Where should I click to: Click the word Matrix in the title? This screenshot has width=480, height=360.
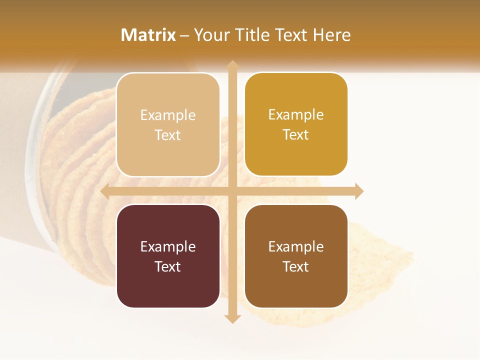pos(148,35)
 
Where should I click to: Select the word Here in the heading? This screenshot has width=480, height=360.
pos(331,35)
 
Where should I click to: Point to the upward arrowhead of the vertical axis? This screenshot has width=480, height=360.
pos(232,64)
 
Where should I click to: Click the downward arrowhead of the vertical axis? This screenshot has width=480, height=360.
pos(232,318)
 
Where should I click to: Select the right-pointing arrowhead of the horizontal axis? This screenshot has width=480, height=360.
pos(359,191)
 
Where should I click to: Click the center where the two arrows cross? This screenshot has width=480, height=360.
pos(232,191)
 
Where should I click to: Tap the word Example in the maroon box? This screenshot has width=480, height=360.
pos(168,246)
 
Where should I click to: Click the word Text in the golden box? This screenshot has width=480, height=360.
pos(296,135)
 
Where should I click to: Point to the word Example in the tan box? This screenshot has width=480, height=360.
pos(168,115)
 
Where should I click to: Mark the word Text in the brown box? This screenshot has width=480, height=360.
pos(296,266)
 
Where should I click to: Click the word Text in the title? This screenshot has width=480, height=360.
pos(291,35)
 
